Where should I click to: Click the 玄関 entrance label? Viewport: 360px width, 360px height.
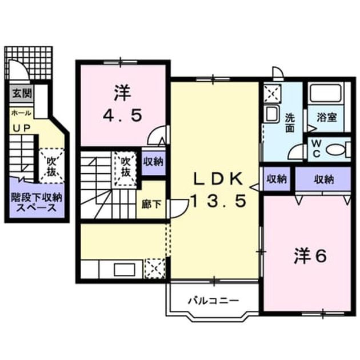pyautogui.click(x=22, y=94)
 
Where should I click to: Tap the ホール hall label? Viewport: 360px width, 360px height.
pyautogui.click(x=21, y=113)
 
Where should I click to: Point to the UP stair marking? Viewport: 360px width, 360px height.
pyautogui.click(x=22, y=128)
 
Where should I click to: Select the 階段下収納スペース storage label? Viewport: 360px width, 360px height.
pyautogui.click(x=37, y=202)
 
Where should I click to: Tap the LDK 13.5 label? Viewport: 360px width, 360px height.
pyautogui.click(x=218, y=189)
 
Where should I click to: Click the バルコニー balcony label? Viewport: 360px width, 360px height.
pyautogui.click(x=214, y=301)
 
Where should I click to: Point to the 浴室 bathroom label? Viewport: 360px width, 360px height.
pyautogui.click(x=327, y=118)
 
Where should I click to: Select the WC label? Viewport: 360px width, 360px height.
pyautogui.click(x=317, y=149)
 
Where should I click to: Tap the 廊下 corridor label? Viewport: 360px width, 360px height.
pyautogui.click(x=151, y=205)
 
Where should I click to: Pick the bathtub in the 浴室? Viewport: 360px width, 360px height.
pyautogui.click(x=326, y=94)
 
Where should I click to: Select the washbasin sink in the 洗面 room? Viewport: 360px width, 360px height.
pyautogui.click(x=271, y=114)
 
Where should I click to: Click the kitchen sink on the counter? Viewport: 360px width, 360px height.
pyautogui.click(x=124, y=270)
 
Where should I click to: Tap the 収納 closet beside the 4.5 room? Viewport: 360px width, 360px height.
pyautogui.click(x=153, y=162)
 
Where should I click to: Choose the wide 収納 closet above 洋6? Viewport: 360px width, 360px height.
pyautogui.click(x=323, y=179)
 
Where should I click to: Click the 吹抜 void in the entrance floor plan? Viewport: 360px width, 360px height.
pyautogui.click(x=51, y=166)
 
